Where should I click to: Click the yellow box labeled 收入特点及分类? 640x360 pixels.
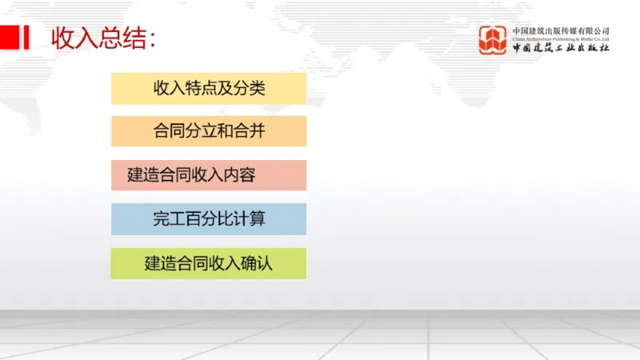click(x=209, y=88)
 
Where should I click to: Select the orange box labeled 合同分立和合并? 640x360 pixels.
click(x=209, y=131)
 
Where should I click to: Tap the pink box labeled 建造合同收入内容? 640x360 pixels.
click(x=209, y=175)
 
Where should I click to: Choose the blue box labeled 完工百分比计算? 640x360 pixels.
click(x=209, y=218)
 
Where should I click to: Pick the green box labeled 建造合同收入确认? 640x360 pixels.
click(x=209, y=262)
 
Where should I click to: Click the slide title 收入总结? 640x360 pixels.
click(x=103, y=38)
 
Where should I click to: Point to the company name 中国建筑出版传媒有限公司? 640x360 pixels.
click(x=561, y=30)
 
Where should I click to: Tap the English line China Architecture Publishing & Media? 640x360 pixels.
click(x=561, y=38)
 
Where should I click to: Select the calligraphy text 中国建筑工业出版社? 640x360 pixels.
click(x=561, y=49)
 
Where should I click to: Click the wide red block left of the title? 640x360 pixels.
click(x=10, y=37)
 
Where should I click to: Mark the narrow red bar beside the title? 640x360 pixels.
click(x=27, y=37)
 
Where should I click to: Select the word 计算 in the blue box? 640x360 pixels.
click(x=250, y=218)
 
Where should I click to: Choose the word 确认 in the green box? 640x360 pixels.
click(x=258, y=262)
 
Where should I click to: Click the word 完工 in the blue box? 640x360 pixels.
click(x=166, y=218)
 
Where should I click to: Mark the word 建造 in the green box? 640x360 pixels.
click(x=158, y=262)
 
